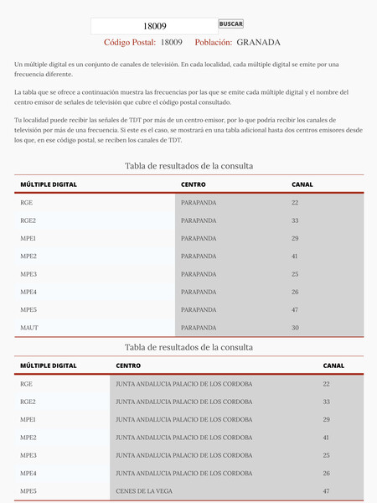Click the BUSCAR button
point(230,24)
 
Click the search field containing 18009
point(154,26)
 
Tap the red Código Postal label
point(130,43)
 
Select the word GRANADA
point(258,43)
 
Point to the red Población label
point(213,43)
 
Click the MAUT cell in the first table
point(29,328)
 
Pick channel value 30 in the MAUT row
point(295,328)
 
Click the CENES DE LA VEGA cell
point(148,490)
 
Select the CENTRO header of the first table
point(193,184)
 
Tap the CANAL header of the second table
point(333,366)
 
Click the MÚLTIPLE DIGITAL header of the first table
point(49,184)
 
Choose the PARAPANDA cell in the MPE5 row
point(199,309)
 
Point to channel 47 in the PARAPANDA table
point(295,309)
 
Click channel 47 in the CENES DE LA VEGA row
point(327,490)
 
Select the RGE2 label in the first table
point(28,220)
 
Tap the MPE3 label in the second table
point(28,455)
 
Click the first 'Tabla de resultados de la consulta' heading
point(188,166)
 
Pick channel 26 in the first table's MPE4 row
point(295,292)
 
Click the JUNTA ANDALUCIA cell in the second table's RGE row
point(183,384)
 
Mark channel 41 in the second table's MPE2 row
point(327,438)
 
